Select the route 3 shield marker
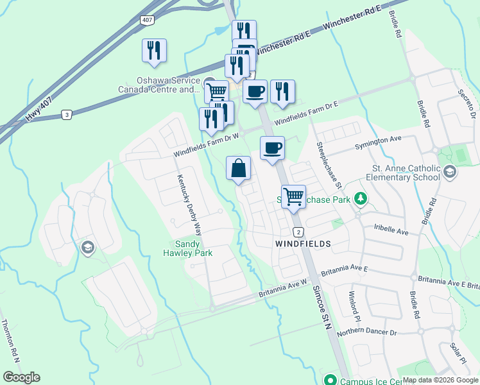66,114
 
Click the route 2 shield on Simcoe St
298,231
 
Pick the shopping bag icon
239,169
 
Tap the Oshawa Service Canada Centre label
160,85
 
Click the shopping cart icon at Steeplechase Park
293,196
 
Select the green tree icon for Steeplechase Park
361,200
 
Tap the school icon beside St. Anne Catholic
450,171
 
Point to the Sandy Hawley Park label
194,248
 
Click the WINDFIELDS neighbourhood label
303,244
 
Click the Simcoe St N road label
319,309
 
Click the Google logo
21,377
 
